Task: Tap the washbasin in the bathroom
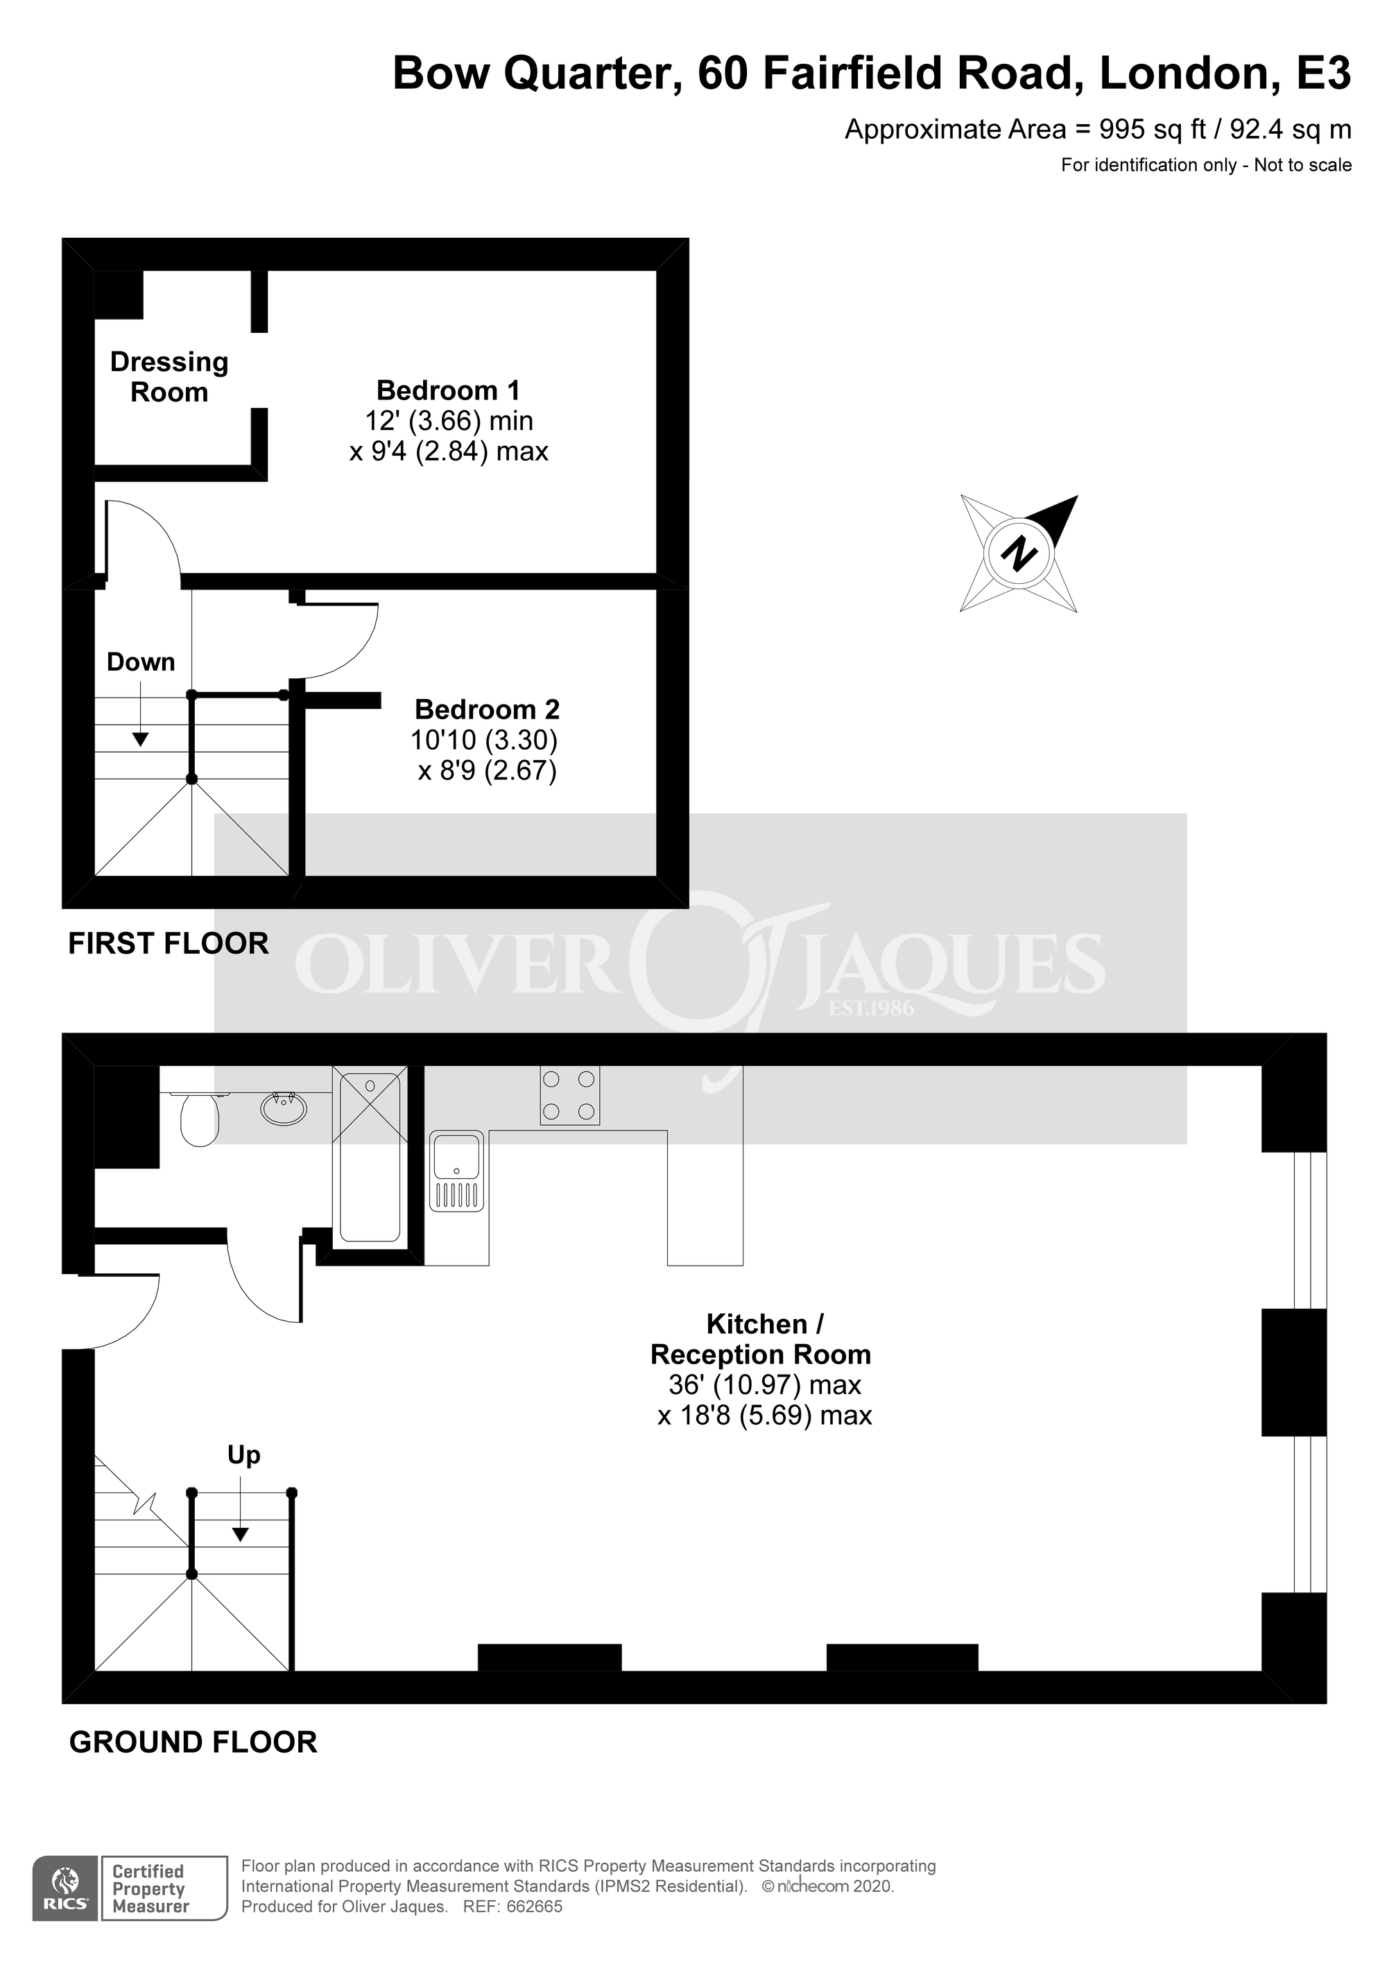(284, 1108)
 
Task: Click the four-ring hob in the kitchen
(569, 1094)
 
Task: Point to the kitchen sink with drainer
(456, 1171)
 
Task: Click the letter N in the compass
(1018, 553)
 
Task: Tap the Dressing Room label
(169, 377)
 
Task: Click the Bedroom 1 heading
(448, 390)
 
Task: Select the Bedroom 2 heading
(487, 709)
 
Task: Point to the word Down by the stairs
(141, 662)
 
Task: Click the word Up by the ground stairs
(243, 1454)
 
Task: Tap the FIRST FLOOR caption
(169, 943)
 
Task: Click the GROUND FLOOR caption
(193, 1741)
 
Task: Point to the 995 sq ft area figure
(1152, 129)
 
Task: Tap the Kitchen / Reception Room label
(761, 1339)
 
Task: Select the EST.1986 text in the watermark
(871, 1009)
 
